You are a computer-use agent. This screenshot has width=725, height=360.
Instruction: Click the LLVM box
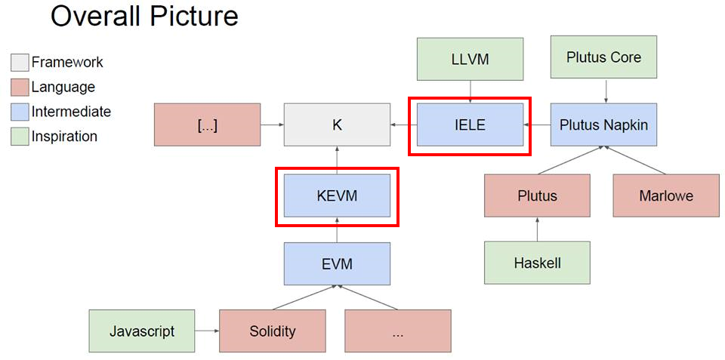470,59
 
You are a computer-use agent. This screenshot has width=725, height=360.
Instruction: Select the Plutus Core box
603,57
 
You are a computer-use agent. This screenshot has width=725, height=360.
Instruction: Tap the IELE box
470,125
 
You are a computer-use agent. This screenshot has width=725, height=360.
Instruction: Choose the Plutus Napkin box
603,125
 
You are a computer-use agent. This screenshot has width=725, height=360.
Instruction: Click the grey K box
337,125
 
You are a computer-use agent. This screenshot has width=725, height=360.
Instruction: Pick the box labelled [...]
206,125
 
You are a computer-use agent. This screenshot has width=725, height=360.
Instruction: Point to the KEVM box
337,195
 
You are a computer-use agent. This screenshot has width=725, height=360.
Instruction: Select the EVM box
337,264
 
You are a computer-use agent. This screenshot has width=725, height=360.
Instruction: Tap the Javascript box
142,331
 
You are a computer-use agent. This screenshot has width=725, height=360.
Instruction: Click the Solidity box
273,331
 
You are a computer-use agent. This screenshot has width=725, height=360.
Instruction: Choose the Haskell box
537,263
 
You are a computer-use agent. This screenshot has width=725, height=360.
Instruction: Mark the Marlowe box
665,195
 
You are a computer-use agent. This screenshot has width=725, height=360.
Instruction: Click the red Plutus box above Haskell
537,195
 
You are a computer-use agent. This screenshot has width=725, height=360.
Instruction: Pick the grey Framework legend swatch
20,63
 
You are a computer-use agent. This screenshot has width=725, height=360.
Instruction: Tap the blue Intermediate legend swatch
20,112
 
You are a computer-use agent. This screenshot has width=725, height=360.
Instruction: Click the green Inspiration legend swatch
20,137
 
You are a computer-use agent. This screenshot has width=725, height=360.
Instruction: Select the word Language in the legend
63,88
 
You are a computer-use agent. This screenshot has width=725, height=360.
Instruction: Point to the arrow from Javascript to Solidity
207,331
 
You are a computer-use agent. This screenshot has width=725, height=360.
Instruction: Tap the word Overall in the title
96,16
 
